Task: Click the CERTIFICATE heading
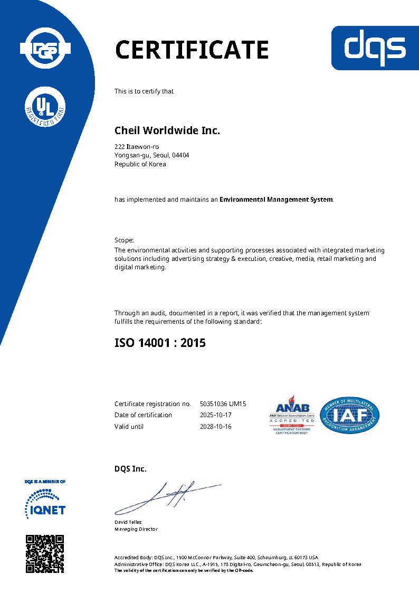pyautogui.click(x=192, y=50)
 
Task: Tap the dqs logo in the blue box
pyautogui.click(x=375, y=48)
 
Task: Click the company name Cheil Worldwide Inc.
pyautogui.click(x=167, y=130)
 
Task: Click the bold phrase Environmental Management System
pyautogui.click(x=276, y=200)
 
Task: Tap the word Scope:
pyautogui.click(x=125, y=240)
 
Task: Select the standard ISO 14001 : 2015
pyautogui.click(x=160, y=343)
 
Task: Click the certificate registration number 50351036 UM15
pyautogui.click(x=223, y=404)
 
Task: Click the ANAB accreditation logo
pyautogui.click(x=292, y=415)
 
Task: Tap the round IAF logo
pyautogui.click(x=349, y=415)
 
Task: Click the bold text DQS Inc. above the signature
pyautogui.click(x=130, y=469)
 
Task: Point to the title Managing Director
pyautogui.click(x=136, y=529)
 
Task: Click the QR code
pyautogui.click(x=45, y=553)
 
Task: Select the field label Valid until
pyautogui.click(x=129, y=426)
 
